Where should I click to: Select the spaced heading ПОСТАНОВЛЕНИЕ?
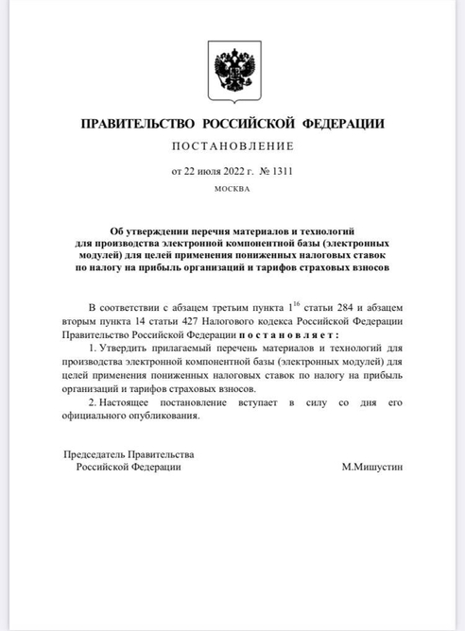pos(232,146)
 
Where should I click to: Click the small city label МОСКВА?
pos(232,189)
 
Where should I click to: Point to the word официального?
pos(95,416)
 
